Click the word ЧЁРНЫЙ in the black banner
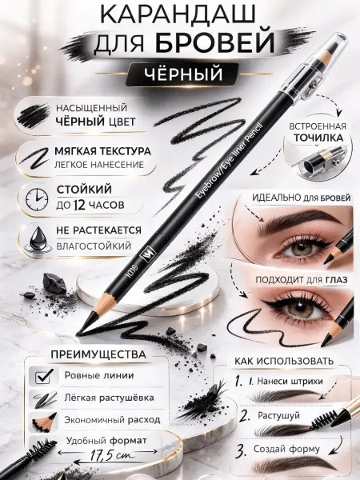pyautogui.click(x=182, y=74)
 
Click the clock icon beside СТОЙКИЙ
pyautogui.click(x=37, y=199)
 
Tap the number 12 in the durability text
pyautogui.click(x=79, y=205)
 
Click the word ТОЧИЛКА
pyautogui.click(x=318, y=138)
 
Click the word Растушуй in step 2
pyautogui.click(x=278, y=416)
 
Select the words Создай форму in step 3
pyautogui.click(x=286, y=449)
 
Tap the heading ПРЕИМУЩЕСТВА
pyautogui.click(x=98, y=354)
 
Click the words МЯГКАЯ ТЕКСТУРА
pyautogui.click(x=102, y=151)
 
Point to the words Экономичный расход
pyautogui.click(x=112, y=420)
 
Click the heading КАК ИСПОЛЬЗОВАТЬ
pyautogui.click(x=284, y=361)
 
